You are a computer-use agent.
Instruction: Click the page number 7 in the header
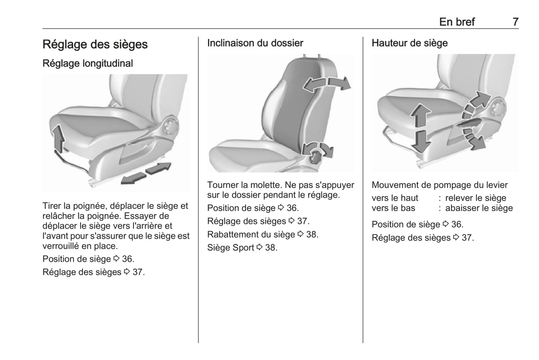pos(515,22)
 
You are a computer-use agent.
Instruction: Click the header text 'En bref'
pos(457,22)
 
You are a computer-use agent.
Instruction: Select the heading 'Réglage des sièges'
pos(95,44)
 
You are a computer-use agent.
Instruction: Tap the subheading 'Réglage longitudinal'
pos(88,63)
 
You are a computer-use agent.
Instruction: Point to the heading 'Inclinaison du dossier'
pos(255,43)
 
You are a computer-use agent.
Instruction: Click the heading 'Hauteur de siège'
pos(410,43)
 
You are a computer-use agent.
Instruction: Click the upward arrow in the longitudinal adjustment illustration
pos(58,138)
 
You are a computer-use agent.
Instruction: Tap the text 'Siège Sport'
pos(231,248)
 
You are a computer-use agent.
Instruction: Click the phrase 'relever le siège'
pos(476,198)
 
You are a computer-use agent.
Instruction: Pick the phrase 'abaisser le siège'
pos(479,208)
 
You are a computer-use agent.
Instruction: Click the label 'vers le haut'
pos(395,198)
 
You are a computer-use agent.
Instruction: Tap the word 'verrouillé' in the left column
pos(61,246)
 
